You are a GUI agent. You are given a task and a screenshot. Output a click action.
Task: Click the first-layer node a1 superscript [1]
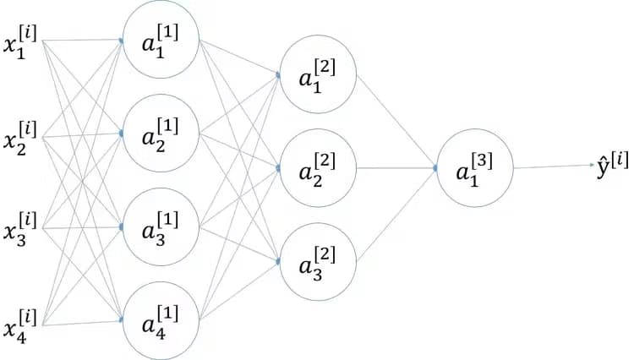click(161, 40)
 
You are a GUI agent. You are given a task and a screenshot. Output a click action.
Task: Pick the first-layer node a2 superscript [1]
click(161, 134)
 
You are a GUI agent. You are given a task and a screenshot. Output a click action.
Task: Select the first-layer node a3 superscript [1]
click(161, 228)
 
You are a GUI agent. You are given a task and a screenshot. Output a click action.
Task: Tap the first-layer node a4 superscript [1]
click(161, 322)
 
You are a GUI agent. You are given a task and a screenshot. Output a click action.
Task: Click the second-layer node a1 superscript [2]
click(318, 74)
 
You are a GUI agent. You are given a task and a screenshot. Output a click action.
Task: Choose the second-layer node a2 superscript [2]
click(318, 168)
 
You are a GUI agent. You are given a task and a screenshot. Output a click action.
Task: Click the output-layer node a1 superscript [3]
click(474, 168)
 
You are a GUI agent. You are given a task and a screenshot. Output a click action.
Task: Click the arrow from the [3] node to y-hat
click(554, 166)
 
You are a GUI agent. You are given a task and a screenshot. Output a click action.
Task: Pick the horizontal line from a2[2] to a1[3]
click(396, 168)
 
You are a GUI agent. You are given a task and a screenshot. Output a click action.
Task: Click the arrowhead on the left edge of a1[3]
click(435, 168)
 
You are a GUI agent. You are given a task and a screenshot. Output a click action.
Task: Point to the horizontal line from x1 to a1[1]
click(80, 40)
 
